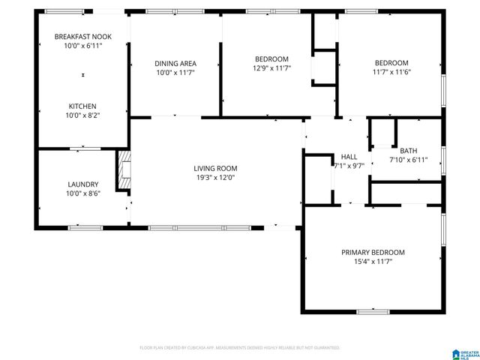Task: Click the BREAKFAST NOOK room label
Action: (x=82, y=36)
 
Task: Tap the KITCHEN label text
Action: (x=82, y=106)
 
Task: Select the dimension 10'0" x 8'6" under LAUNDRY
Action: (x=82, y=193)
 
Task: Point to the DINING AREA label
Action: (x=175, y=63)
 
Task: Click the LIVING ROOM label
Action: (x=215, y=168)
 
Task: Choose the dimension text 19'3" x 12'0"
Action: (x=215, y=178)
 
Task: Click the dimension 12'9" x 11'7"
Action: (x=271, y=68)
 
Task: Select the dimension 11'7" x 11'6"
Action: (x=391, y=72)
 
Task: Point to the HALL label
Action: (x=349, y=156)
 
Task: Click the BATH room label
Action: (x=408, y=150)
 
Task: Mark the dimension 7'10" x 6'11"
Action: (x=408, y=160)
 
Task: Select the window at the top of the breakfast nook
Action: (x=64, y=11)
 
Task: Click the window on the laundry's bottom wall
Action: (x=85, y=227)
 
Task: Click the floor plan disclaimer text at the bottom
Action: (x=240, y=348)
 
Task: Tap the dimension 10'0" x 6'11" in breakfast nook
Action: (x=82, y=46)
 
